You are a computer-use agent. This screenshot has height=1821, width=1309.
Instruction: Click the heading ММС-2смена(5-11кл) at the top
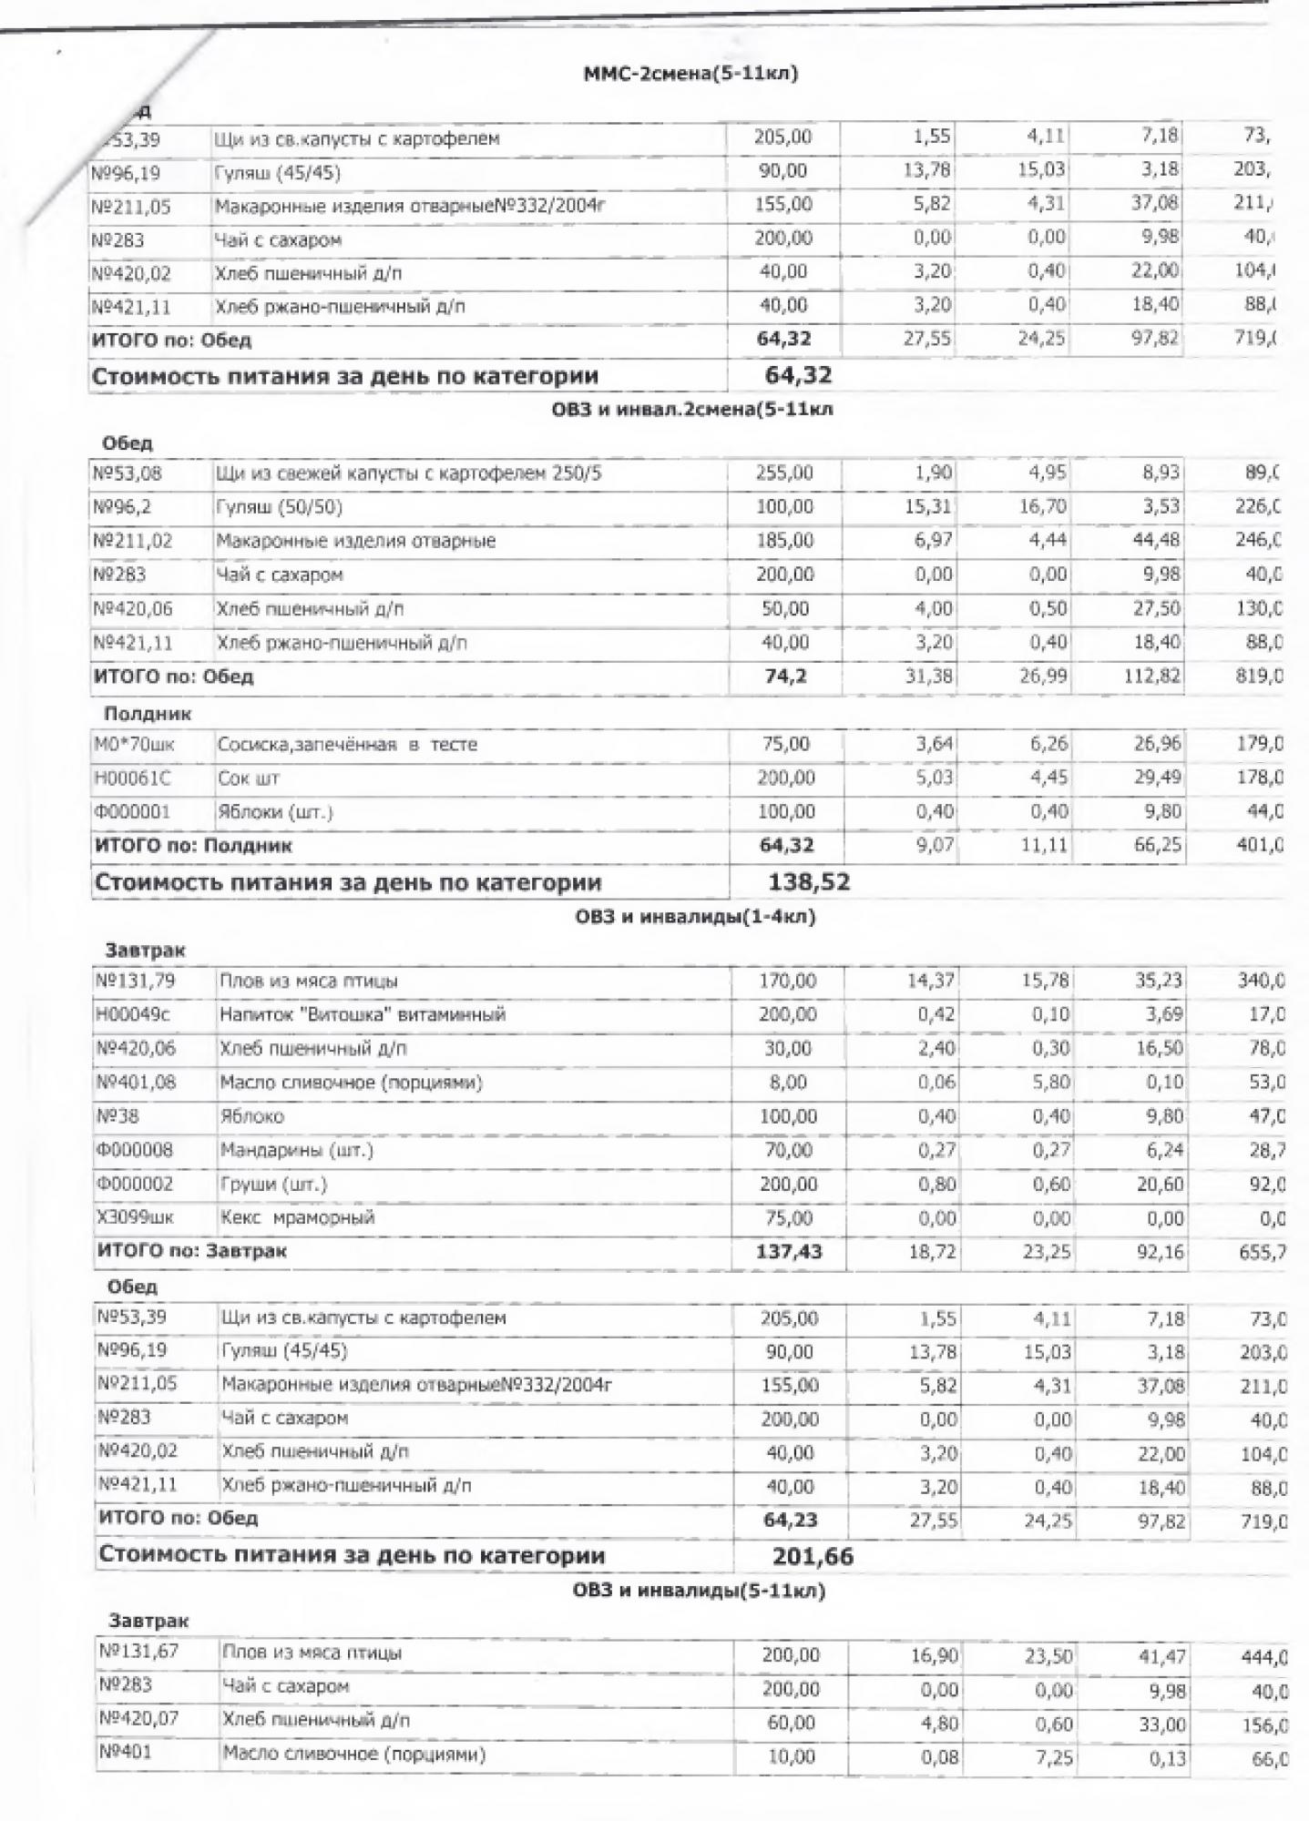690,74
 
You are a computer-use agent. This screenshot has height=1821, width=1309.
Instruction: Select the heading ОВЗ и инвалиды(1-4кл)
694,916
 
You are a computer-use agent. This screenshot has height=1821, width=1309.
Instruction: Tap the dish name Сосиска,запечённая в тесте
346,745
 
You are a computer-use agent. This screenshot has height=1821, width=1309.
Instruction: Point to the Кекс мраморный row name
297,1218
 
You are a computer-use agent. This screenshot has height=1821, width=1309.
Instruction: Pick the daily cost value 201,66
813,1557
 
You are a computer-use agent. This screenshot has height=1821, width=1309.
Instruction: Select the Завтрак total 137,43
789,1252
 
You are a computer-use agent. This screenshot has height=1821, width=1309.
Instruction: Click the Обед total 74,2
786,677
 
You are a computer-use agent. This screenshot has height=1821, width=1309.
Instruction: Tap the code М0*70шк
134,745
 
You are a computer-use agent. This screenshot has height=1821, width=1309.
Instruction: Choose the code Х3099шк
135,1218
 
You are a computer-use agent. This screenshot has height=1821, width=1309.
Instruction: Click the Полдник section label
147,714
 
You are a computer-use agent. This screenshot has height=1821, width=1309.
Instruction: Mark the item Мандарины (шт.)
297,1151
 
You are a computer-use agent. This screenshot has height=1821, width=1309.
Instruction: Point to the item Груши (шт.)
273,1185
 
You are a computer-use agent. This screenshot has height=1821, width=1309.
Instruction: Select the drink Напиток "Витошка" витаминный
362,1014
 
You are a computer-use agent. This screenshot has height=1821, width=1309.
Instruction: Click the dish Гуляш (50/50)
279,507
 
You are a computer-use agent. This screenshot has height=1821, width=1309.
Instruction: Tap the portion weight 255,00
784,473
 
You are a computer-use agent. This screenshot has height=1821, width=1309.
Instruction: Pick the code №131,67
136,1653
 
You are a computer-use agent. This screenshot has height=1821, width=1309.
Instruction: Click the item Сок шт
248,778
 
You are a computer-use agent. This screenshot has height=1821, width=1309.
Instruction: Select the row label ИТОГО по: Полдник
193,846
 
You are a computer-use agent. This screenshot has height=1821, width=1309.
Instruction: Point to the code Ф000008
134,1151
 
